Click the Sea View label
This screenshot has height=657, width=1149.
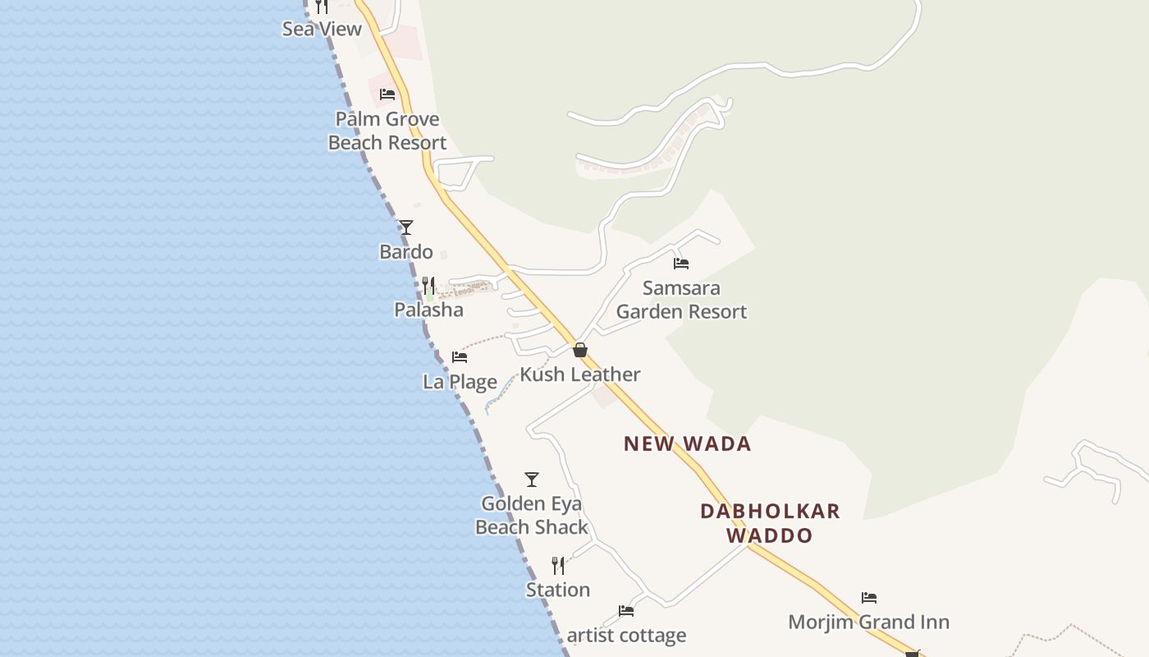coord(322,29)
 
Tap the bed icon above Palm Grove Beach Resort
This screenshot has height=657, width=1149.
coord(387,94)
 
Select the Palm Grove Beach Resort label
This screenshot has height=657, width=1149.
coord(387,131)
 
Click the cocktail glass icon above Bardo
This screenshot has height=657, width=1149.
coord(405,227)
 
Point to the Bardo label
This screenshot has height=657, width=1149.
coord(405,251)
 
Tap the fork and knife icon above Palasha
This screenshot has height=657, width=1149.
coord(428,286)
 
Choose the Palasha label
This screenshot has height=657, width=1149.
coord(428,310)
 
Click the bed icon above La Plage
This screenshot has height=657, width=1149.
coord(460,357)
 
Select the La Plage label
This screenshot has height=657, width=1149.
coord(460,382)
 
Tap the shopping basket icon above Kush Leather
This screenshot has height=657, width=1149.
coord(580,351)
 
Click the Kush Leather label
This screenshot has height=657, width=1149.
coord(580,374)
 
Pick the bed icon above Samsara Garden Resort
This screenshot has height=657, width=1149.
coord(681,264)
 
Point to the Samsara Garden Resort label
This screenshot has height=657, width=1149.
coord(681,300)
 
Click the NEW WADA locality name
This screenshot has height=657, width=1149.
coord(687,444)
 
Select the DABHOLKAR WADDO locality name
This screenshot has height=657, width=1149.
coord(770,523)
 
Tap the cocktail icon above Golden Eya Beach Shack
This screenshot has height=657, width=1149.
coord(532,480)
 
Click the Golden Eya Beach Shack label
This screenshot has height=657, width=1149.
coord(532,515)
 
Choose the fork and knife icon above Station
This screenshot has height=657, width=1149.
coord(558,566)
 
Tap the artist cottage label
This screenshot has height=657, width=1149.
coord(626,636)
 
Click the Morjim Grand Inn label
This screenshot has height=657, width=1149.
coord(868,622)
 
